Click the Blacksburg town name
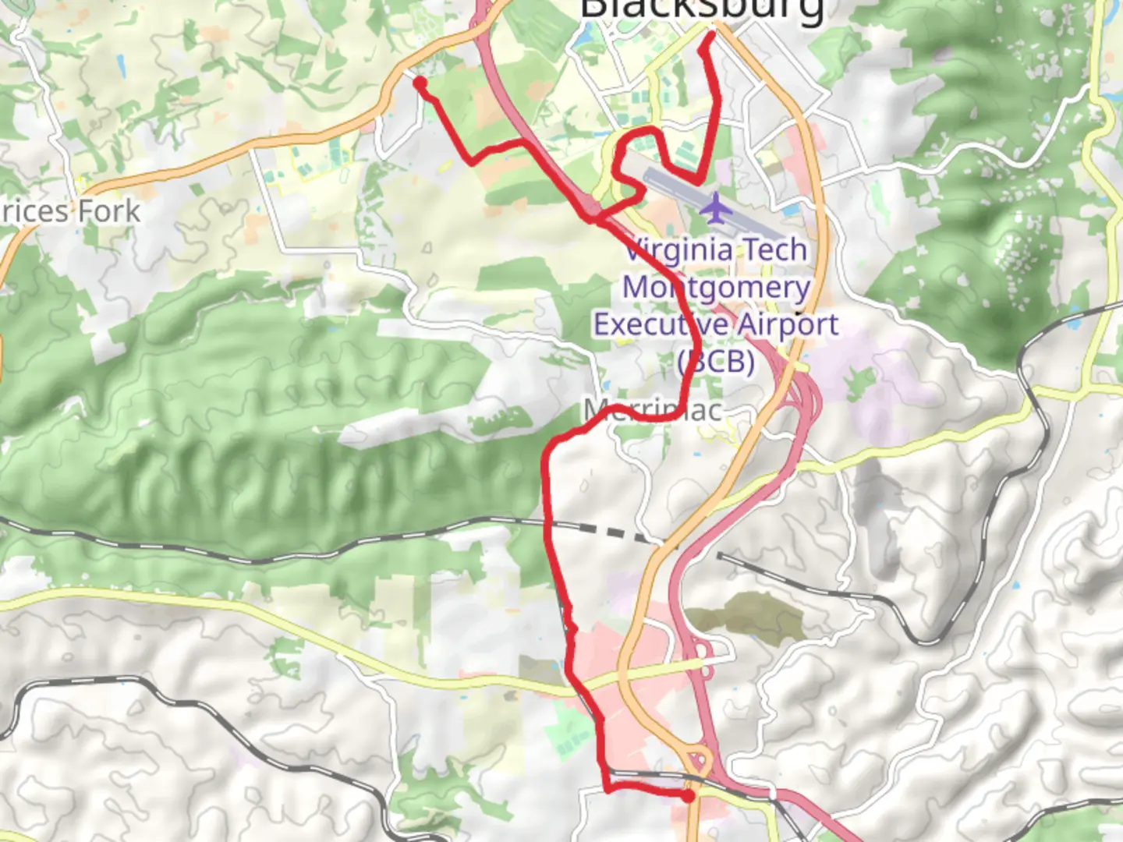pyautogui.click(x=702, y=9)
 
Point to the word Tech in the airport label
pyautogui.click(x=774, y=250)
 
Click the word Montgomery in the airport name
pyautogui.click(x=716, y=288)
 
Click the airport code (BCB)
pyautogui.click(x=716, y=361)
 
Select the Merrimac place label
pyautogui.click(x=654, y=409)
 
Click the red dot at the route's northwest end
pyautogui.click(x=420, y=83)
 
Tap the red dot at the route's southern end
pyautogui.click(x=688, y=796)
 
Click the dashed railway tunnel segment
pyautogui.click(x=616, y=534)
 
